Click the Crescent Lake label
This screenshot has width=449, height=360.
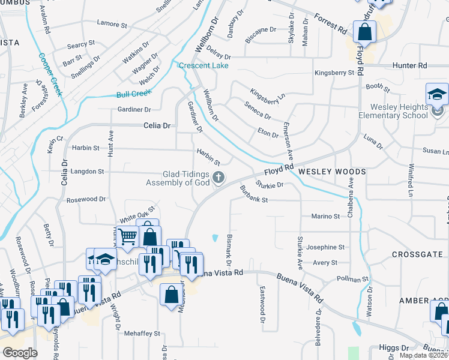(x=203, y=65)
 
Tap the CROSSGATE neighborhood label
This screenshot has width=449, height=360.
(x=417, y=254)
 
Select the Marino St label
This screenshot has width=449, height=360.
(x=325, y=216)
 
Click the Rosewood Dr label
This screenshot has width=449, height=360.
(x=86, y=199)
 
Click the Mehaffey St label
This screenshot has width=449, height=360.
(x=142, y=333)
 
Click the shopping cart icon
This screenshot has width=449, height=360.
(x=127, y=237)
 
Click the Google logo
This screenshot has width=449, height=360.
(x=20, y=353)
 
